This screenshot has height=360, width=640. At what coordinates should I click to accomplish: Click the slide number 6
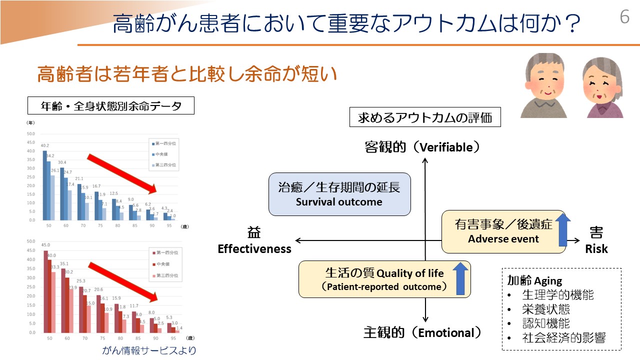(x=624, y=17)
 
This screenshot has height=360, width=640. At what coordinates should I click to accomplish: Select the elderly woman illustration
(x=602, y=88)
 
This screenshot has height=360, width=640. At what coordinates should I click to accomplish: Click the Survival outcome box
(x=339, y=194)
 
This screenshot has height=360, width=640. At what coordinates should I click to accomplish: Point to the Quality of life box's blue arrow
(x=460, y=279)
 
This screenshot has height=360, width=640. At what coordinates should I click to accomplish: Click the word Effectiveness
(x=254, y=248)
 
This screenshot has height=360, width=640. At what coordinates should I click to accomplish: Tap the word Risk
(x=596, y=248)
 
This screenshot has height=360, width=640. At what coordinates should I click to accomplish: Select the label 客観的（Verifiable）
(x=423, y=147)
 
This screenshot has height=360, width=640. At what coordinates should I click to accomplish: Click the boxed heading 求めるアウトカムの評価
(x=425, y=118)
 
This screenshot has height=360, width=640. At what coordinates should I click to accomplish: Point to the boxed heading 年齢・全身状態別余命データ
(x=110, y=106)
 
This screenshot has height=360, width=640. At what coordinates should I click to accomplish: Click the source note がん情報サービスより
(x=149, y=350)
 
